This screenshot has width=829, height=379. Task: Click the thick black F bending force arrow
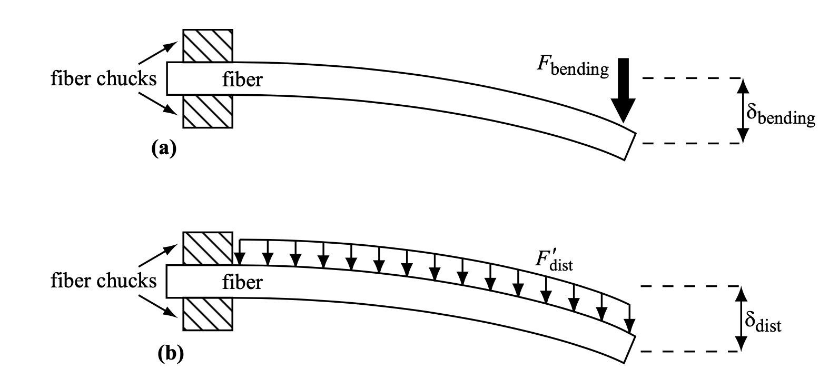tap(623, 90)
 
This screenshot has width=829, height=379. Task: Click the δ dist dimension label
tap(763, 323)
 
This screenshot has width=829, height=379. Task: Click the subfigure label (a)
tap(164, 148)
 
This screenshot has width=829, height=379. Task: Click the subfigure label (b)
tap(171, 354)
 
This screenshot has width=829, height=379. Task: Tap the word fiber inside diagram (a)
tap(242, 79)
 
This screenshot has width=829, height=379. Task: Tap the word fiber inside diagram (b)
tap(242, 282)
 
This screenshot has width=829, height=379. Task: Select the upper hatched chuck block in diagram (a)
tap(208, 45)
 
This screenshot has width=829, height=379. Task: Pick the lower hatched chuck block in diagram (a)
tap(208, 111)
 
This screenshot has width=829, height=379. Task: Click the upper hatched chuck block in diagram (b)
tap(208, 248)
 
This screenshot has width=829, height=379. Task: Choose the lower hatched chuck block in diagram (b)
tap(208, 314)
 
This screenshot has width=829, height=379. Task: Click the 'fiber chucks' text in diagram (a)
tap(104, 78)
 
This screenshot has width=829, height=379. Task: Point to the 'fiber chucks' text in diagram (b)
tap(104, 281)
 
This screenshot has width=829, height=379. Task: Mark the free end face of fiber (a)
tap(630, 146)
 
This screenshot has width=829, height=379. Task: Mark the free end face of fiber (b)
tap(630, 350)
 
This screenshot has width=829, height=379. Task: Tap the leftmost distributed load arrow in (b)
tap(240, 252)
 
